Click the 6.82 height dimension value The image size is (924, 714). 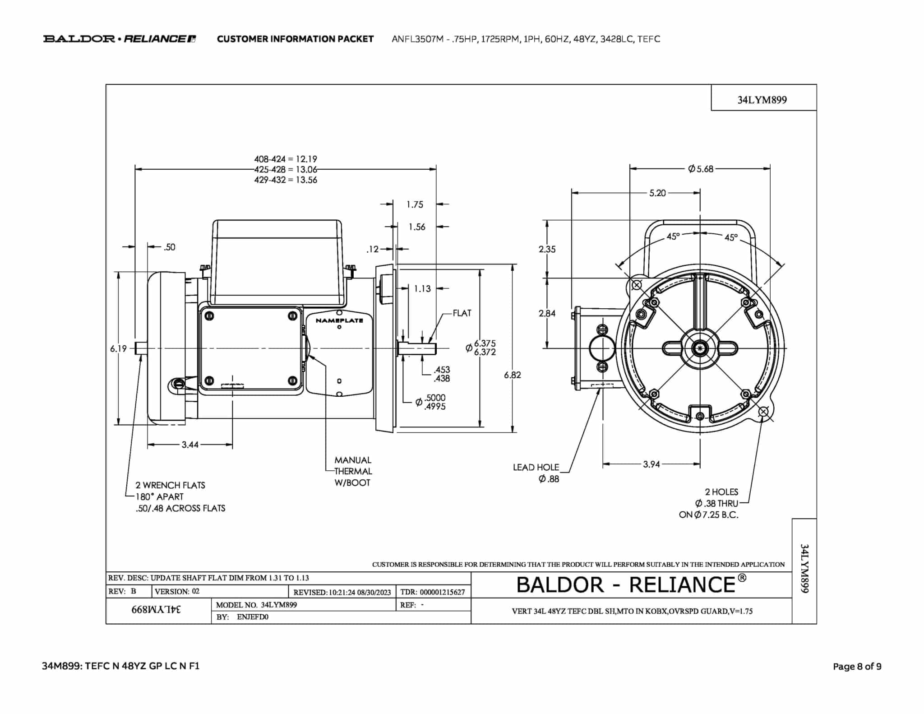[513, 375]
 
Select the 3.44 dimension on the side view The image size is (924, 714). [190, 445]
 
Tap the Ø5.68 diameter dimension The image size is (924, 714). [701, 169]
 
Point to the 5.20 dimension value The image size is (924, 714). [657, 193]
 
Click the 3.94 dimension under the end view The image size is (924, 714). [651, 464]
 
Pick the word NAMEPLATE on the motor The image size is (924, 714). [339, 320]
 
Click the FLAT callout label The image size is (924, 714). [462, 313]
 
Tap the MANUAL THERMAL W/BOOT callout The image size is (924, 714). [353, 471]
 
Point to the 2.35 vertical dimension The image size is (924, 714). [547, 249]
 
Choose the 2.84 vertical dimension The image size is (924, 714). [547, 313]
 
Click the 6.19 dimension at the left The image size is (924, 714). [119, 348]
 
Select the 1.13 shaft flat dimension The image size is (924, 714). [422, 288]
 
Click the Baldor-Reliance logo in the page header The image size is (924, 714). [120, 39]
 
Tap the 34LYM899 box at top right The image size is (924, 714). [762, 100]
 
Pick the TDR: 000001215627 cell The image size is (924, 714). [433, 592]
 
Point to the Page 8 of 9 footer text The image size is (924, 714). [857, 666]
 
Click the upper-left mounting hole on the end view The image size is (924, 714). [637, 285]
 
